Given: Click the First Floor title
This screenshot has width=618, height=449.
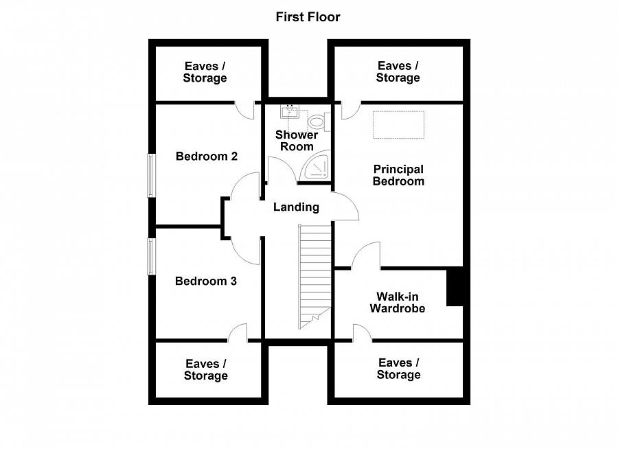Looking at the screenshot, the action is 308,17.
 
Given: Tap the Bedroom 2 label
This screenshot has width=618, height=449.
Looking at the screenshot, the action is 207,157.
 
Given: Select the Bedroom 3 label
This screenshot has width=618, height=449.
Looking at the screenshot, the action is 206,281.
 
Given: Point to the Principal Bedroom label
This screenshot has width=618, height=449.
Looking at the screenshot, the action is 398,176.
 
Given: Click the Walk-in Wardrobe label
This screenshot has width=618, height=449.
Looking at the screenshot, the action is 398,302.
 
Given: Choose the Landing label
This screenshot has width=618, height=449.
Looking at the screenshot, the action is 297,207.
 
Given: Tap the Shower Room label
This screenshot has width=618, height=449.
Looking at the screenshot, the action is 297,141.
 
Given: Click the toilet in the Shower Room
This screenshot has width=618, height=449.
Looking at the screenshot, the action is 319,122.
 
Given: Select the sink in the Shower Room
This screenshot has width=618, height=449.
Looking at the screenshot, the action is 290,111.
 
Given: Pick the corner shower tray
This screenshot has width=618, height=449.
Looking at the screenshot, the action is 315,165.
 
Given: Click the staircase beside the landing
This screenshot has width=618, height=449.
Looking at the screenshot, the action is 314,277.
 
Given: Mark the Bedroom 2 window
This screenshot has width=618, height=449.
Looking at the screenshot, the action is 151,176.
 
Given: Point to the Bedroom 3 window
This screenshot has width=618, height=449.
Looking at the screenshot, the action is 151,257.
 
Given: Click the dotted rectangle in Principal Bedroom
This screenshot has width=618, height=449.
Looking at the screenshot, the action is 398,125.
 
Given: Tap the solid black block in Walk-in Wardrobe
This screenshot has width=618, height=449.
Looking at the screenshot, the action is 455,286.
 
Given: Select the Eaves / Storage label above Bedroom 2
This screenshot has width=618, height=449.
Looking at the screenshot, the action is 205,72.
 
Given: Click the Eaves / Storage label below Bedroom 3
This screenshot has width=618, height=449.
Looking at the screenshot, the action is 206,370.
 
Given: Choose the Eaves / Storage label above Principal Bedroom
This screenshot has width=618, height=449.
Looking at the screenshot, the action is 398,72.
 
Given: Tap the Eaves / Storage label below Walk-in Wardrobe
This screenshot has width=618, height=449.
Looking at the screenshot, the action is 398,369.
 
